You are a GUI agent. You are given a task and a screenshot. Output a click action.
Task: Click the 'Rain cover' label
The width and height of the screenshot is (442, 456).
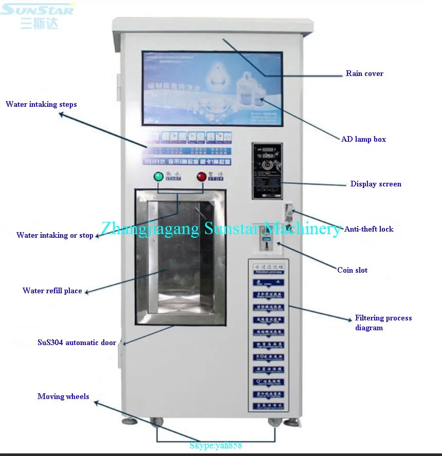coord(364,73)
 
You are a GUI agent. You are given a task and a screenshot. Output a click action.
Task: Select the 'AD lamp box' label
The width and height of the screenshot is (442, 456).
coord(363,139)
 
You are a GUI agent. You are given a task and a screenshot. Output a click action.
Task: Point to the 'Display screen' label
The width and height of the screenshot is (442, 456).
coord(376,184)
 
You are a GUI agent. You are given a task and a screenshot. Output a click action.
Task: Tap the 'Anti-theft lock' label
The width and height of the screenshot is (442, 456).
coord(369,229)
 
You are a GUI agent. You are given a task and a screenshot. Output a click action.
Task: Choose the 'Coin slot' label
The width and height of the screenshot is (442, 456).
coord(352,270)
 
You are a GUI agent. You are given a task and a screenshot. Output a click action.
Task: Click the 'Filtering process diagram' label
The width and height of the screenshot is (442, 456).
coord(383,322)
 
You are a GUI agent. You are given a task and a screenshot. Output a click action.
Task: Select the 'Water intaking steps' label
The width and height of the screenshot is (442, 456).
coord(41,104)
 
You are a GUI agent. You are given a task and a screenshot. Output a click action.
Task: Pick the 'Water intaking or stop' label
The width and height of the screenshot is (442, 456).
coord(55,235)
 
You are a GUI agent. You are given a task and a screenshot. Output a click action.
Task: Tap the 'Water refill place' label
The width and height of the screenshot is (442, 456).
coord(52,291)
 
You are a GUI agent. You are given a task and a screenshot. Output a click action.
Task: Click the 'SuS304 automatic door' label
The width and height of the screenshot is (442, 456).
coord(77,342)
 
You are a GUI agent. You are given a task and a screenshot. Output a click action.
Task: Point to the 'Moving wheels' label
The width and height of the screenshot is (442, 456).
coord(63,396)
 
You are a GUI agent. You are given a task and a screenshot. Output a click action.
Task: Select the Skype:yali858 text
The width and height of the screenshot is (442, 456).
coord(215,446)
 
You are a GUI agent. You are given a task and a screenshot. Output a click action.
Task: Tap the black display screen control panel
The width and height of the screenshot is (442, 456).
coord(267,170)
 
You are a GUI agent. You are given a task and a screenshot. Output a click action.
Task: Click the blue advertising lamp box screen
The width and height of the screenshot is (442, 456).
coord(212,88)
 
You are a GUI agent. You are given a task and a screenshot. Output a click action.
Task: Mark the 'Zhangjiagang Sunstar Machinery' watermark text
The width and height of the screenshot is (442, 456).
coord(220,229)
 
